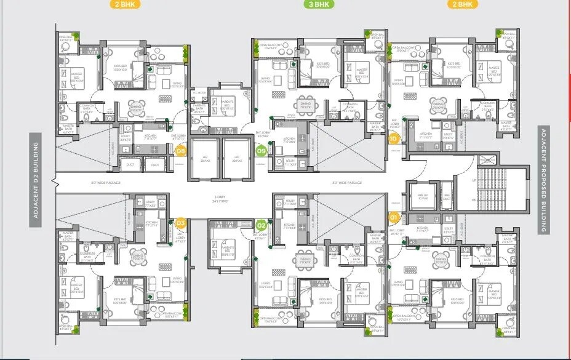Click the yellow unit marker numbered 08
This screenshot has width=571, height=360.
181,150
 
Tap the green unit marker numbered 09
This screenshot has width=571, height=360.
261,150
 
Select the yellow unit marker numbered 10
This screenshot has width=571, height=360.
394,138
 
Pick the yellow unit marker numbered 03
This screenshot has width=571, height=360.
181,223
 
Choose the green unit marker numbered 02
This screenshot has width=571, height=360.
261,225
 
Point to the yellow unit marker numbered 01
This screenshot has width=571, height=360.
394,217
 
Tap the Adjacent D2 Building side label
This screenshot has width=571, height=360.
36,180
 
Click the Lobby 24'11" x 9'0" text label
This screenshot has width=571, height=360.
222,199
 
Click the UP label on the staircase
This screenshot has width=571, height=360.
474,180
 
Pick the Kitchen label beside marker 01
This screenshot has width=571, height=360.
422,228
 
